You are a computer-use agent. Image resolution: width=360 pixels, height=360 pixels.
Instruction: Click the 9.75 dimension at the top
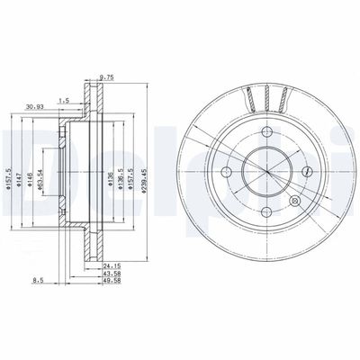coord(105,76)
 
